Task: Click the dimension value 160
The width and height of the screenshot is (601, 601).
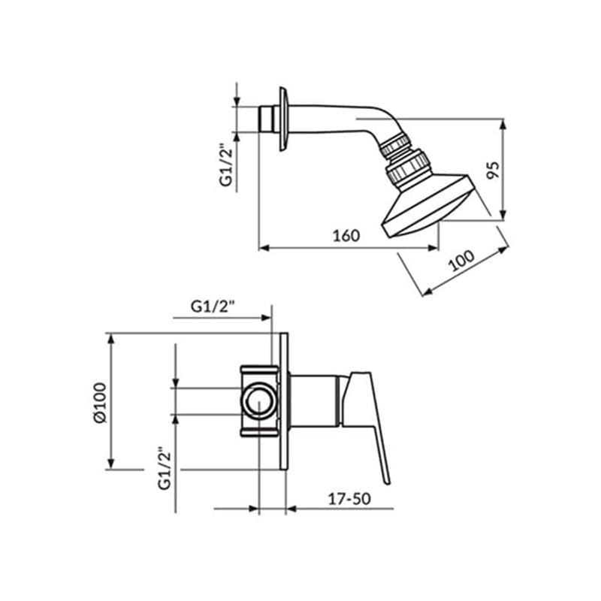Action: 346,234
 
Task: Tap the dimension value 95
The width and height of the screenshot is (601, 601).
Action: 492,169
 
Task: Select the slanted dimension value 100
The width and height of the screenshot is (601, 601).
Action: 461,261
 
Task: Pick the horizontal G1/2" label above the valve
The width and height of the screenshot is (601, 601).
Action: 213,307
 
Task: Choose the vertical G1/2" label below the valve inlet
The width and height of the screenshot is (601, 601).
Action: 165,468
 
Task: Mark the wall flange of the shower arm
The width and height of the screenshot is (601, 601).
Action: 283,119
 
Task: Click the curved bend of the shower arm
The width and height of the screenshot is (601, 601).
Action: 376,125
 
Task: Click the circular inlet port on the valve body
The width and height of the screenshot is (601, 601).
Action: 259,401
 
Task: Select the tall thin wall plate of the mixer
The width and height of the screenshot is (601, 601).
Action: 284,402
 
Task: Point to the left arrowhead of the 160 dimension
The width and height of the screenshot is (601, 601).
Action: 262,248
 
